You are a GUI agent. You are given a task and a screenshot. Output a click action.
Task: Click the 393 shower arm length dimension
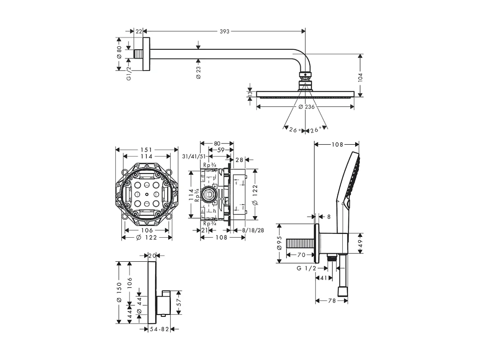click(224, 32)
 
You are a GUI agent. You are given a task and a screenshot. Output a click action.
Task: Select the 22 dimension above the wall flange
click(138, 32)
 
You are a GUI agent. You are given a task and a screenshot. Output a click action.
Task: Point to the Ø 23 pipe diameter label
click(198, 72)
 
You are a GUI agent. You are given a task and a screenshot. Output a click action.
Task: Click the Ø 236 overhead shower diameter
click(306, 107)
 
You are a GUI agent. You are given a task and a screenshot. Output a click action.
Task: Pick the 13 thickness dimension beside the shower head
click(250, 94)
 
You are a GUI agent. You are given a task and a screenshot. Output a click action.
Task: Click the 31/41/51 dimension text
click(194, 156)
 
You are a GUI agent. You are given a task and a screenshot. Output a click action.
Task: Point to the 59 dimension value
click(221, 150)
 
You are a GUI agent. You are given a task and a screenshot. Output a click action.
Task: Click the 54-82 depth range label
click(159, 329)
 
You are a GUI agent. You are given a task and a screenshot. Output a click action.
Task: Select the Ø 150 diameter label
click(119, 292)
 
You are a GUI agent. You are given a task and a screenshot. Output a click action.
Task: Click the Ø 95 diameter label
click(279, 243)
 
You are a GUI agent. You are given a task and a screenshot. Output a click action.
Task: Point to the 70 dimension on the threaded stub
click(301, 255)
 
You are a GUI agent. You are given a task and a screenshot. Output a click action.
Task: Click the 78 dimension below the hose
click(332, 301)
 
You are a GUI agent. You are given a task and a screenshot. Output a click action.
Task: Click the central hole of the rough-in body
click(147, 194)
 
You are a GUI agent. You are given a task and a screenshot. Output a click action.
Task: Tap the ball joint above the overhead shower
click(305, 75)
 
